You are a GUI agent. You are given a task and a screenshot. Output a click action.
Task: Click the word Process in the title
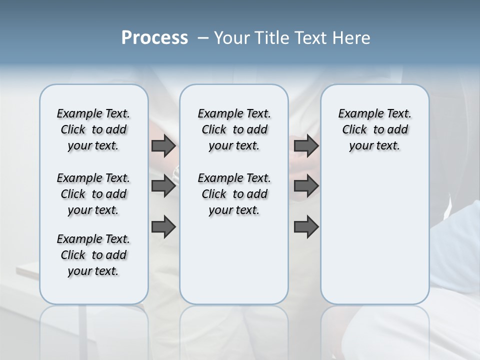pos(154,38)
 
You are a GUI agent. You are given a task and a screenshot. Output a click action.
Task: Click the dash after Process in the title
pos(203,38)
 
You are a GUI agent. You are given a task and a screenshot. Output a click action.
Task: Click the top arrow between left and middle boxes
pos(163,146)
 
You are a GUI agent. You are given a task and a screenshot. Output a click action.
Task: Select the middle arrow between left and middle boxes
pos(163,186)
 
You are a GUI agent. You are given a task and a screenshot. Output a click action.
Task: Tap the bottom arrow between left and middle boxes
pos(163,227)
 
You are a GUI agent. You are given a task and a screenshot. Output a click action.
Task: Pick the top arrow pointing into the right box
pos(306,146)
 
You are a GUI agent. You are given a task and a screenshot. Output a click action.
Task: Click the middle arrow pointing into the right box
pos(306,186)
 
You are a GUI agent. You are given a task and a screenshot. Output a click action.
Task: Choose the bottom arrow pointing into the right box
pos(306,227)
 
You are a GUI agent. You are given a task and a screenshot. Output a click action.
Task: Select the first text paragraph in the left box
pos(93,129)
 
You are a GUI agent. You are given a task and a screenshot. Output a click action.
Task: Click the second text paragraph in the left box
pos(93,194)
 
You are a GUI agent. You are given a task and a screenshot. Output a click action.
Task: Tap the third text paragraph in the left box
pos(93,255)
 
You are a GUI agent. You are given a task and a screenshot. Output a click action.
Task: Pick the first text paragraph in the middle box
pos(234,129)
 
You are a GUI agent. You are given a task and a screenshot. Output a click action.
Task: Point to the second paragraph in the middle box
pos(234,194)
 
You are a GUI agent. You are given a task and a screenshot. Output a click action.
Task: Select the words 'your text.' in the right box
pos(374,146)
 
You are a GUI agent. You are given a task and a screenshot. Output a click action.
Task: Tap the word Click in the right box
pos(354,130)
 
